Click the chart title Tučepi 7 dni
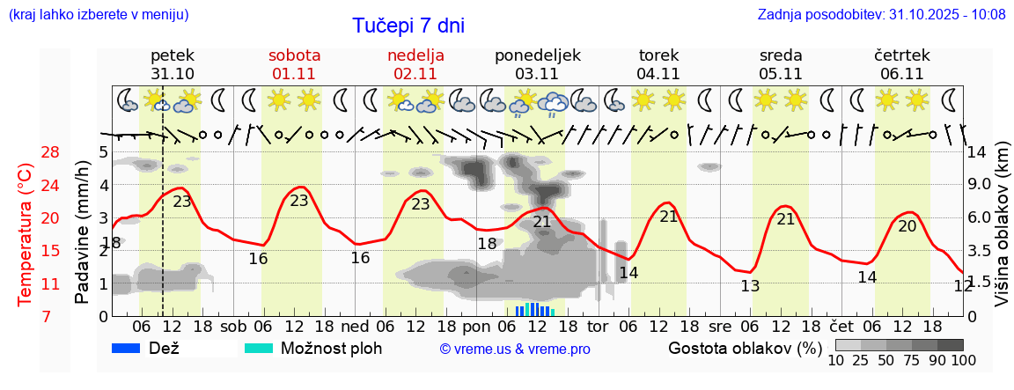[x=408, y=26]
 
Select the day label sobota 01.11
[x=294, y=64]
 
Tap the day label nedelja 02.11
[x=415, y=64]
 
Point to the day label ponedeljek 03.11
[x=537, y=64]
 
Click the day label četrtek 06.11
[x=901, y=64]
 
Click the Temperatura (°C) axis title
[x=26, y=234]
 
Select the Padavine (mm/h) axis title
[x=82, y=232]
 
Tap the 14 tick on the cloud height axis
[x=976, y=152]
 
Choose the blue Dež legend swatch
[x=132, y=348]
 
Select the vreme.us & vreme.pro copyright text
[x=515, y=349]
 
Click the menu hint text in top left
[x=98, y=15]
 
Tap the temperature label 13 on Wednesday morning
[x=750, y=286]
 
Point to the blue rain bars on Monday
[x=532, y=309]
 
